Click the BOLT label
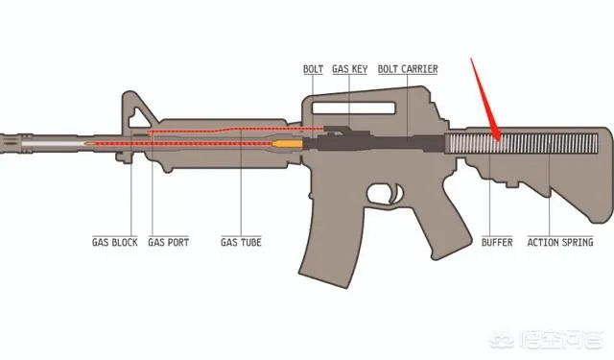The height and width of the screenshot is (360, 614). tap(313, 69)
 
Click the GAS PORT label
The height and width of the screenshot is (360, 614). tap(169, 243)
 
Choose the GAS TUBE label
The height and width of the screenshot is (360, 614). tap(241, 243)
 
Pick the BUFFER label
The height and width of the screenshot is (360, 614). tap(497, 243)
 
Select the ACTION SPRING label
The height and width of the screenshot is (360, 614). tap(559, 243)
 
